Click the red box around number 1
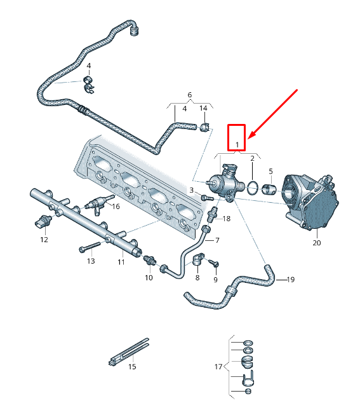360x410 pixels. [x=237, y=137]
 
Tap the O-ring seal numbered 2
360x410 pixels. [x=252, y=188]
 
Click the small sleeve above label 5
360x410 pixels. [x=270, y=188]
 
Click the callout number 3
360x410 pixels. [x=191, y=189]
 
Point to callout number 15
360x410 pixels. [x=132, y=367]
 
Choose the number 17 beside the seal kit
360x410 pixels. [x=219, y=367]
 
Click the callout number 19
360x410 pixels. [x=291, y=280]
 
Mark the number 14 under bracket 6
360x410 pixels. [x=203, y=109]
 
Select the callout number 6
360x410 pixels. [x=189, y=95]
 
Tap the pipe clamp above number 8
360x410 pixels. [x=198, y=261]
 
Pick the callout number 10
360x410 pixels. [x=149, y=278]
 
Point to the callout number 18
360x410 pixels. [x=227, y=218]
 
